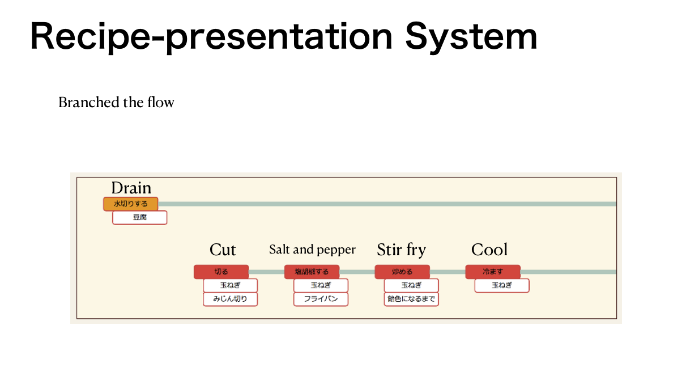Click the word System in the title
[471, 36]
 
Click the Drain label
[131, 188]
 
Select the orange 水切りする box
[130, 204]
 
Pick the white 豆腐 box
[139, 217]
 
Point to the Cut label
[223, 250]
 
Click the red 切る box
[221, 272]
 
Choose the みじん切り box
[230, 299]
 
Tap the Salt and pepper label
[312, 250]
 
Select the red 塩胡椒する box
[312, 272]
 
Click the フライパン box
[321, 299]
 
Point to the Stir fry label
[401, 250]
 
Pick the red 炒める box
[402, 272]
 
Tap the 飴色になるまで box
[411, 299]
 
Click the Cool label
[489, 250]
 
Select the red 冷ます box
[493, 272]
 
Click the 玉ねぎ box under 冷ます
[502, 285]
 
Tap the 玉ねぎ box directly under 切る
[230, 285]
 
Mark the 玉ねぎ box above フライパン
[321, 285]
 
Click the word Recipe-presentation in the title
[211, 36]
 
